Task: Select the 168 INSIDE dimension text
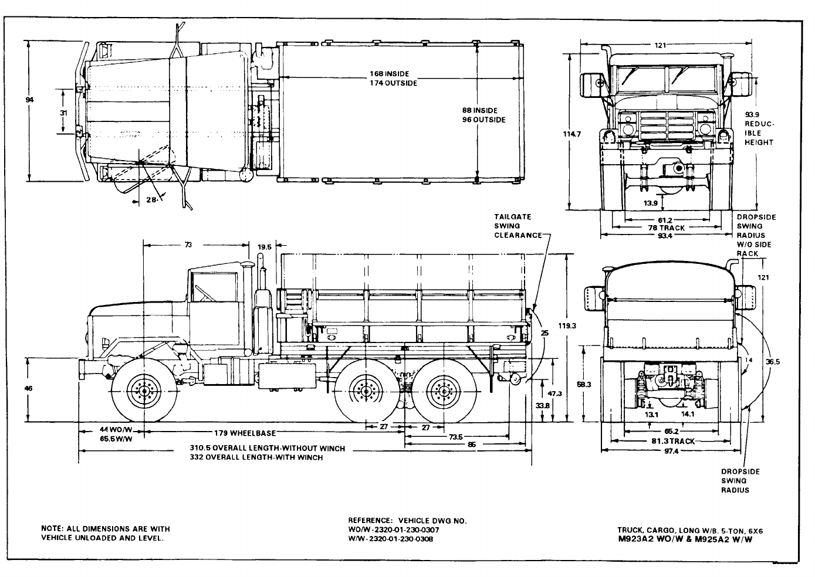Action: point(389,74)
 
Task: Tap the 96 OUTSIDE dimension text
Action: point(483,120)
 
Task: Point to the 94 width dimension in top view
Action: point(29,100)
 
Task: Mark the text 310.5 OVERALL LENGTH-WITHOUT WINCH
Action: point(267,449)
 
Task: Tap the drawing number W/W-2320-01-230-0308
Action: point(391,539)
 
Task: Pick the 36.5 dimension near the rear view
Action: point(773,362)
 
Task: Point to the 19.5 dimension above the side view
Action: point(265,247)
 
